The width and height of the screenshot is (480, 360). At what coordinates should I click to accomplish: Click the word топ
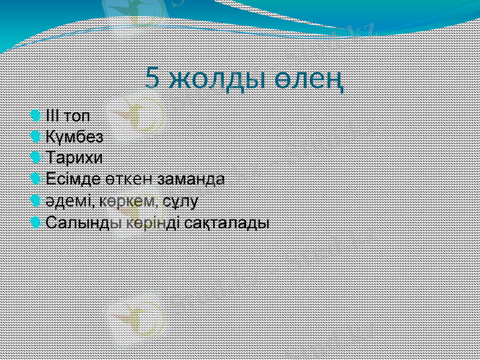click(x=77, y=115)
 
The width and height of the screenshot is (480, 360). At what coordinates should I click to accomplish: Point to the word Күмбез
click(x=74, y=136)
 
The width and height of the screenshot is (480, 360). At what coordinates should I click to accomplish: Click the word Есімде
click(x=70, y=179)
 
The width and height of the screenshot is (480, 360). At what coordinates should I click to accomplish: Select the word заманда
click(x=190, y=179)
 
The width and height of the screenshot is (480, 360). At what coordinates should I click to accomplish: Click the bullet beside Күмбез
click(x=38, y=136)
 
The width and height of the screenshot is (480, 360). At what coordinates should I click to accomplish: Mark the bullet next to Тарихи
click(x=38, y=158)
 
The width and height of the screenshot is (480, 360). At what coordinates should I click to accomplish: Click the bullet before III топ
click(x=38, y=115)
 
